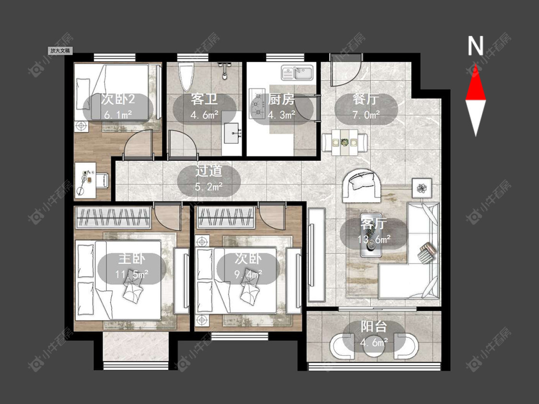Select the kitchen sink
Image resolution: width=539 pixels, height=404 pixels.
click(298, 73)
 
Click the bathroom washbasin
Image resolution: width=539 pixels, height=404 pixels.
click(233, 133)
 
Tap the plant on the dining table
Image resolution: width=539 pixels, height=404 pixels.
click(344, 142)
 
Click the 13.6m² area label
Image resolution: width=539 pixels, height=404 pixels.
click(374, 239)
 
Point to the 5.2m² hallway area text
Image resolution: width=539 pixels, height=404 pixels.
click(209, 187)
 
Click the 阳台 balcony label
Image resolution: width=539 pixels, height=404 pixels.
click(374, 326)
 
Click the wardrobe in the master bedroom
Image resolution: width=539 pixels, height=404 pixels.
click(113, 217)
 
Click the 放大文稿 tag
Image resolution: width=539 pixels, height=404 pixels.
click(60, 51)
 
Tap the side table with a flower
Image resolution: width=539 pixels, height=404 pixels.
click(422, 188)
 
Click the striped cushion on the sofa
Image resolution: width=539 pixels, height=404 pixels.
click(427, 253)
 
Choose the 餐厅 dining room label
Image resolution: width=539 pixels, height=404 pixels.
click(366, 100)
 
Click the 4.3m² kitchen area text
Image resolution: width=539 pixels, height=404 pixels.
click(282, 115)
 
